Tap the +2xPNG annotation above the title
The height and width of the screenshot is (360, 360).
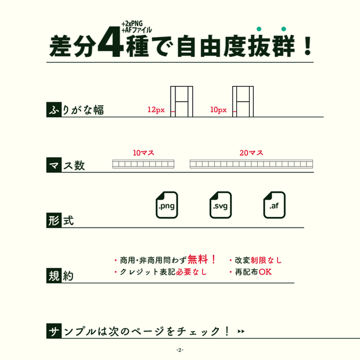point(132,24)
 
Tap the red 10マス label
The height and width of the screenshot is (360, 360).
point(143,153)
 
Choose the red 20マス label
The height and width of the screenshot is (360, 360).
point(251,153)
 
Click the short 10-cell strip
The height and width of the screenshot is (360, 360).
point(143,164)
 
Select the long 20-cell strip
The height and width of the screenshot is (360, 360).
point(251,164)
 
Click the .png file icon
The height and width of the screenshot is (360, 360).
point(167,205)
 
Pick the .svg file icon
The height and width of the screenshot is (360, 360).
point(221,205)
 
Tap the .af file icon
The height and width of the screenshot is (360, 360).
point(275,205)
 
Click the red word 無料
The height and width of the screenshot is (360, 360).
point(197,260)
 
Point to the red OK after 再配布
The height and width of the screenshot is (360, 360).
point(265,272)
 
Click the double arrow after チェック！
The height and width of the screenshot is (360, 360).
point(241,332)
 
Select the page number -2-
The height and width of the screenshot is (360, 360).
point(180,350)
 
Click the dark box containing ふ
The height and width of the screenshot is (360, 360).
point(54,110)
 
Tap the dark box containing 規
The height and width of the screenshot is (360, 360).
point(54,275)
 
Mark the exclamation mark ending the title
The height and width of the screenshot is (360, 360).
point(308,46)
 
